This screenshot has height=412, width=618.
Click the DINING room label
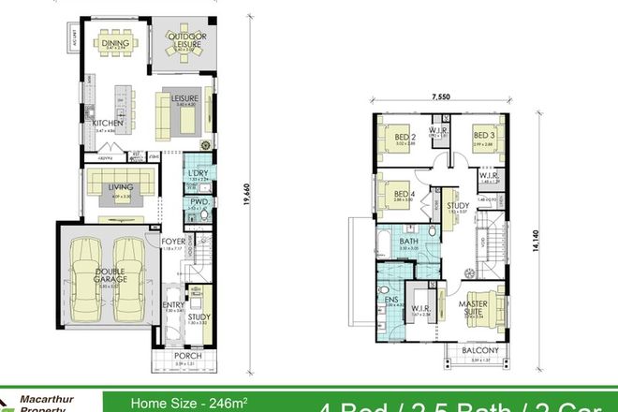click(115, 41)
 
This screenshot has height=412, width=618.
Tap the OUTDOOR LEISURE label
click(185, 39)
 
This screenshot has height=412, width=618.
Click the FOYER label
click(173, 241)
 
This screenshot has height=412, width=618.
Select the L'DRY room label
click(198, 173)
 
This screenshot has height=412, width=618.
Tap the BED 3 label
click(482, 136)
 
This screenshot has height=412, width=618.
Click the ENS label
click(391, 300)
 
